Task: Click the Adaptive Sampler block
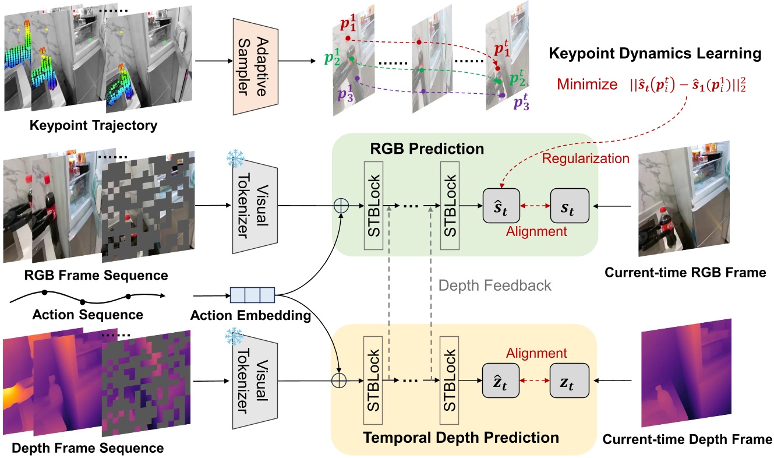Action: click(x=253, y=61)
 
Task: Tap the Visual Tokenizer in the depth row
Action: click(x=253, y=382)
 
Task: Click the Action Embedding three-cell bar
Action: click(x=252, y=295)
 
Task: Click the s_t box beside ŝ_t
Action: click(x=570, y=206)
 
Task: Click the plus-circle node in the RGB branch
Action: click(x=340, y=206)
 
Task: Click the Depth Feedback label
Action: click(x=494, y=286)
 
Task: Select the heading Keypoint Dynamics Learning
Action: click(x=655, y=54)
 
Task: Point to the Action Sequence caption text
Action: click(x=88, y=315)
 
